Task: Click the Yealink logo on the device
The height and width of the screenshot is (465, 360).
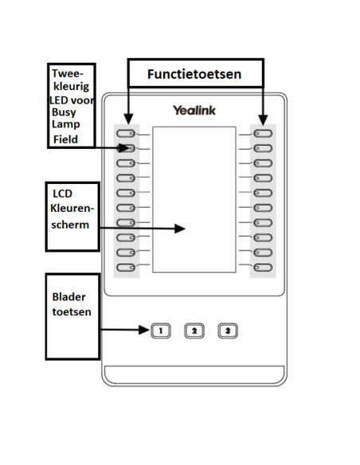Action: [x=194, y=111]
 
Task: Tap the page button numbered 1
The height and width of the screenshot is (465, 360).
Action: [x=160, y=330]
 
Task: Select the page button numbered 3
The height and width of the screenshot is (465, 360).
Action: [x=228, y=330]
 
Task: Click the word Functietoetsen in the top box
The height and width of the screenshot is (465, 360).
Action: [x=194, y=74]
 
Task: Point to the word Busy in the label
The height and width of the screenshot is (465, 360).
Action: [x=63, y=112]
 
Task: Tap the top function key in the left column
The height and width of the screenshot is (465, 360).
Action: [x=125, y=134]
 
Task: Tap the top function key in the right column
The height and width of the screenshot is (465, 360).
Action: [x=264, y=134]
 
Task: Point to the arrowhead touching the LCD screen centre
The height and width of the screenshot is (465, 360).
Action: [x=182, y=229]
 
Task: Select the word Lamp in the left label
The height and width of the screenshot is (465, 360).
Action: [x=65, y=125]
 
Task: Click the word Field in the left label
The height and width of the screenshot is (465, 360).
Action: [x=66, y=139]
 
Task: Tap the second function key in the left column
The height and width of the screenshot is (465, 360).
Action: [x=125, y=148]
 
